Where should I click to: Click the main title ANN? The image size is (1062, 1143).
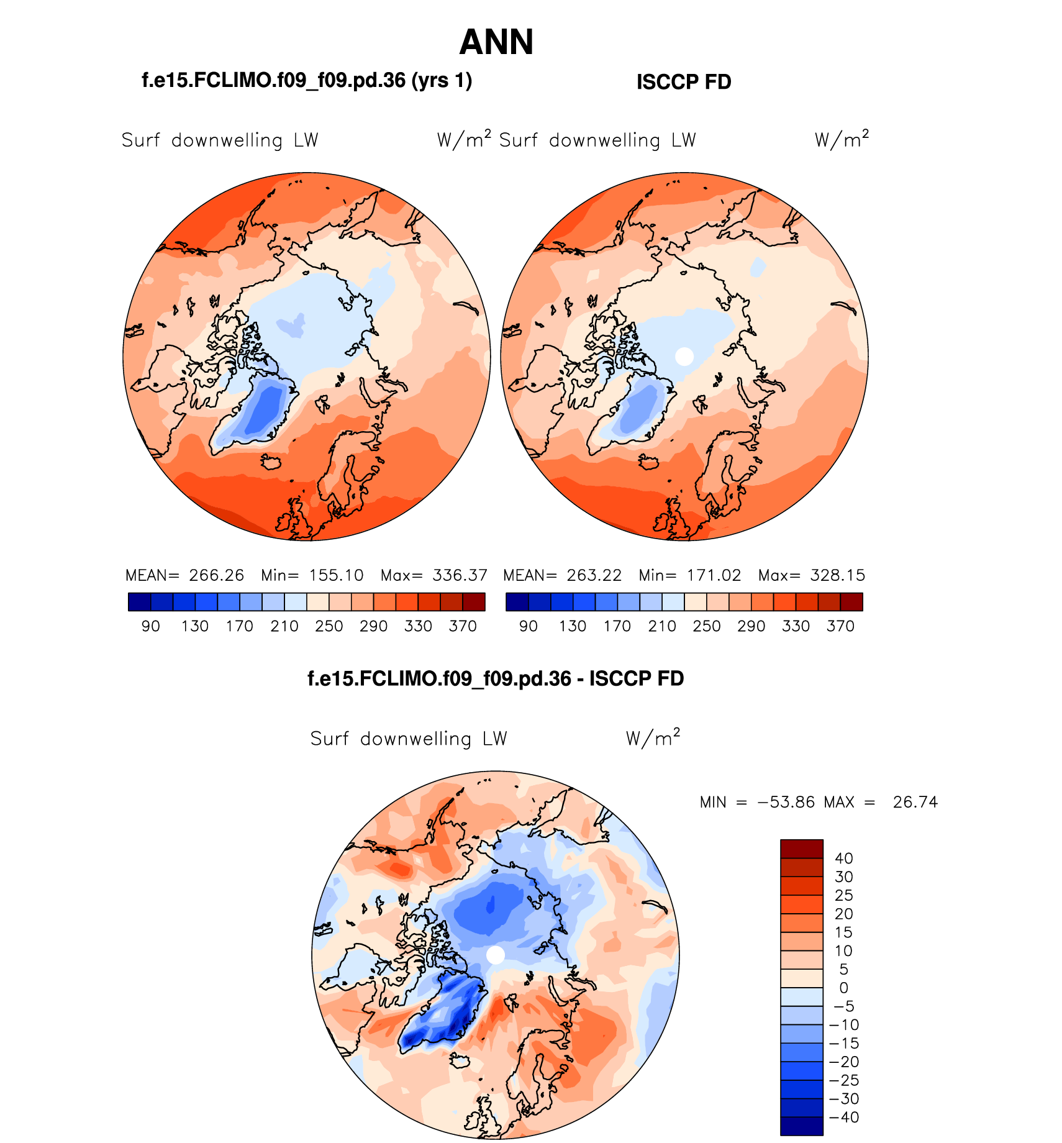(x=496, y=42)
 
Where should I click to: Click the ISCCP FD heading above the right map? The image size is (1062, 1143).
(x=684, y=82)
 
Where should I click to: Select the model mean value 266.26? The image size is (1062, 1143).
(x=216, y=575)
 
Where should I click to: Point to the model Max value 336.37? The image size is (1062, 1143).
(x=460, y=575)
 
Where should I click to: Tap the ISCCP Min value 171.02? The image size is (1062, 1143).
(x=714, y=575)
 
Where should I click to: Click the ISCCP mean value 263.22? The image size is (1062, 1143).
(x=594, y=575)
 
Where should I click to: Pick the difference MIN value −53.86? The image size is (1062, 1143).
(x=786, y=802)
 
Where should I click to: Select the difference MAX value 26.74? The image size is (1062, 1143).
(x=915, y=802)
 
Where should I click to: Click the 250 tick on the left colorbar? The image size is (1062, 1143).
(x=329, y=626)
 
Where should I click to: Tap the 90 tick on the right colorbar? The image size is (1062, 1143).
(x=528, y=626)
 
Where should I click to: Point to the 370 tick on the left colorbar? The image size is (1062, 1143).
(x=463, y=626)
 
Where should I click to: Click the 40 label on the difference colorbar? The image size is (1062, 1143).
(x=843, y=858)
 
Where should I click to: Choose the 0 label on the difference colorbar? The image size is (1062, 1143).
(x=843, y=988)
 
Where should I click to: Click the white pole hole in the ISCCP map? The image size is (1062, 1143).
(x=684, y=357)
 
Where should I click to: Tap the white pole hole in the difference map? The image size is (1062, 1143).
(x=495, y=955)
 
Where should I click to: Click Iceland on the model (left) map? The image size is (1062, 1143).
(x=271, y=462)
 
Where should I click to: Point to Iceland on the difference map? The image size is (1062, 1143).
(x=460, y=1061)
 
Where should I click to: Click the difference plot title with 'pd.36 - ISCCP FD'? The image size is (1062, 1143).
(x=496, y=678)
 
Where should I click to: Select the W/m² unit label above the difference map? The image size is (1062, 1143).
(x=653, y=737)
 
